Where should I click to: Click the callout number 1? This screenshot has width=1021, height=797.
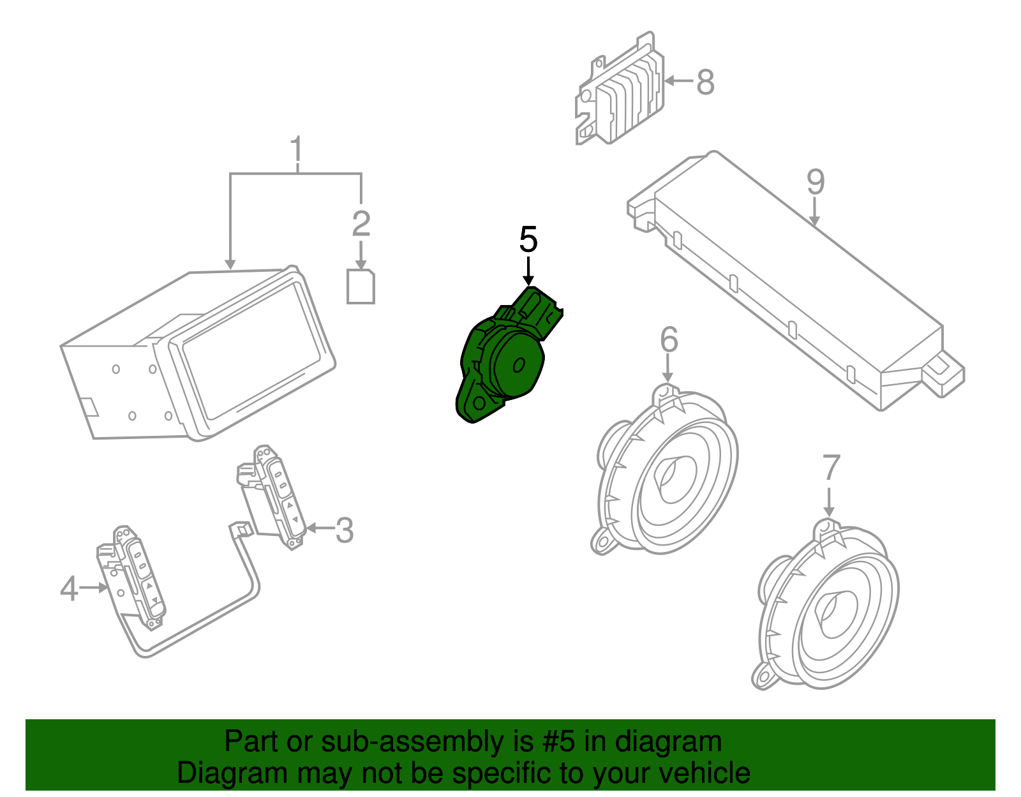(x=296, y=151)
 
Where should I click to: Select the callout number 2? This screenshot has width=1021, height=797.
(x=361, y=223)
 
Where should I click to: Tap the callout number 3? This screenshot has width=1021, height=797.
(x=345, y=530)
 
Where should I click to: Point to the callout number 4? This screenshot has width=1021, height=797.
(x=69, y=588)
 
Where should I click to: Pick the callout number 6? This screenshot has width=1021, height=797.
(x=668, y=339)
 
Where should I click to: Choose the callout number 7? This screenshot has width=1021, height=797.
(x=831, y=468)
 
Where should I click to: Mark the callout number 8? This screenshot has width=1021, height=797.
(x=705, y=82)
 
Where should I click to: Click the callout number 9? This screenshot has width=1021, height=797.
(x=816, y=182)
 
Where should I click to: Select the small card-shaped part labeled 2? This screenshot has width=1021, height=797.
(x=361, y=287)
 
